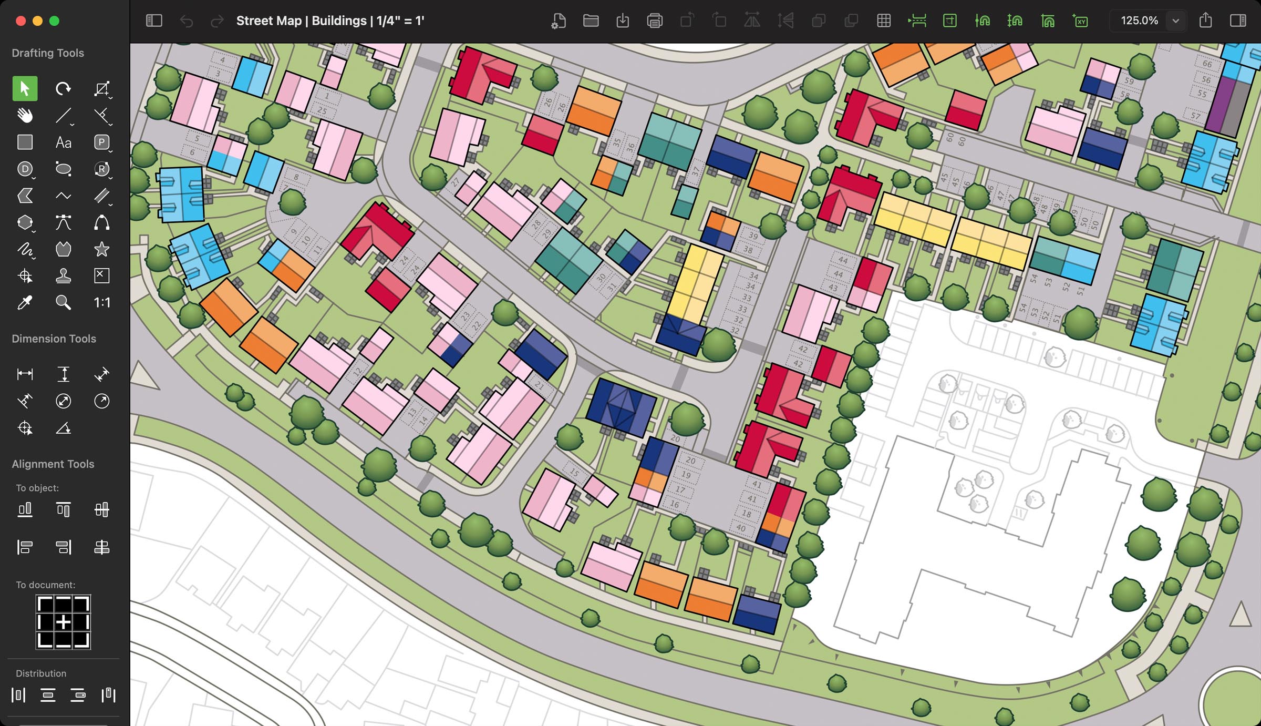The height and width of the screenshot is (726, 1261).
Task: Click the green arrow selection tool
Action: (x=25, y=88)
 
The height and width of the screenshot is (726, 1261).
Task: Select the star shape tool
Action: (x=101, y=249)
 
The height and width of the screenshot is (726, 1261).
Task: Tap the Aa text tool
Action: (x=63, y=142)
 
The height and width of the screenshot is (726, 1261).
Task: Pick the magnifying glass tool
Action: (x=63, y=302)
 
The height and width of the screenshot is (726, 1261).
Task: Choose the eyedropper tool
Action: (x=25, y=302)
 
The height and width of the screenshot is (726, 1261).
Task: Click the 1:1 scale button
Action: (x=101, y=302)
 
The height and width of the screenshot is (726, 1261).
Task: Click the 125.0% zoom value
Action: (x=1139, y=21)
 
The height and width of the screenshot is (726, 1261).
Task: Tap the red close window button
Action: (x=21, y=21)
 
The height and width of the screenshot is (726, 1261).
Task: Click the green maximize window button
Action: (x=54, y=21)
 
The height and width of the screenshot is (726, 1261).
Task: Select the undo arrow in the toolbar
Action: (x=186, y=21)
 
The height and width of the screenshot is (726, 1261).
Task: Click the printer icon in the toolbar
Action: (x=655, y=21)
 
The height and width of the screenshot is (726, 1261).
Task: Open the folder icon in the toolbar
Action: (x=591, y=21)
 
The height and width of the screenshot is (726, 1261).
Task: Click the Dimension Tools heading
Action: (x=54, y=339)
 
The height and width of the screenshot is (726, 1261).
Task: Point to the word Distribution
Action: (x=41, y=673)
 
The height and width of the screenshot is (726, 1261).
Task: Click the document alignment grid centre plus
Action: (x=63, y=622)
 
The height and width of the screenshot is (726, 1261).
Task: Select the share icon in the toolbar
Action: (x=1205, y=21)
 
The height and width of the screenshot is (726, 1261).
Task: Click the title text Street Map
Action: (x=268, y=21)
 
